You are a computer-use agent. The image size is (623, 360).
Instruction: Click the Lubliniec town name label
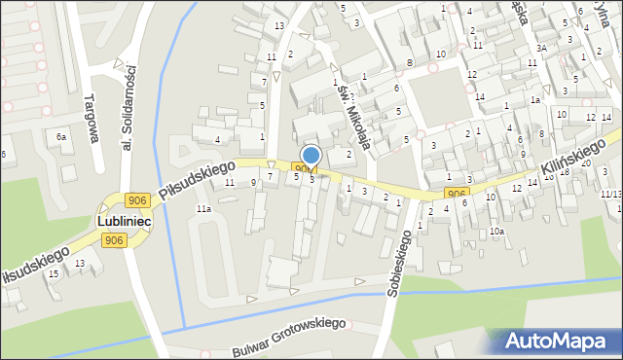122,222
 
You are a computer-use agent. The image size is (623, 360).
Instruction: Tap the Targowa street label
93,118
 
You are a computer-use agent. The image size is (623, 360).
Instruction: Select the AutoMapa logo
562,340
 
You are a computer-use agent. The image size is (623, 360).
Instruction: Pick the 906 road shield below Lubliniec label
115,240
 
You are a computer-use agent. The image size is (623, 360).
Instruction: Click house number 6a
61,137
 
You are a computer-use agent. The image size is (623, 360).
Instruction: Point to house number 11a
203,209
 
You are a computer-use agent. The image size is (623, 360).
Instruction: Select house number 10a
496,232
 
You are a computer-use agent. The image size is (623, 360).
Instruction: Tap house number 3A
540,48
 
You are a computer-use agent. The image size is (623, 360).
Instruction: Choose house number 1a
534,99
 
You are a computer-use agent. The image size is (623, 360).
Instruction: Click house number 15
55,273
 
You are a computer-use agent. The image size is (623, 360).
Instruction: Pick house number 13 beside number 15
80,264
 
